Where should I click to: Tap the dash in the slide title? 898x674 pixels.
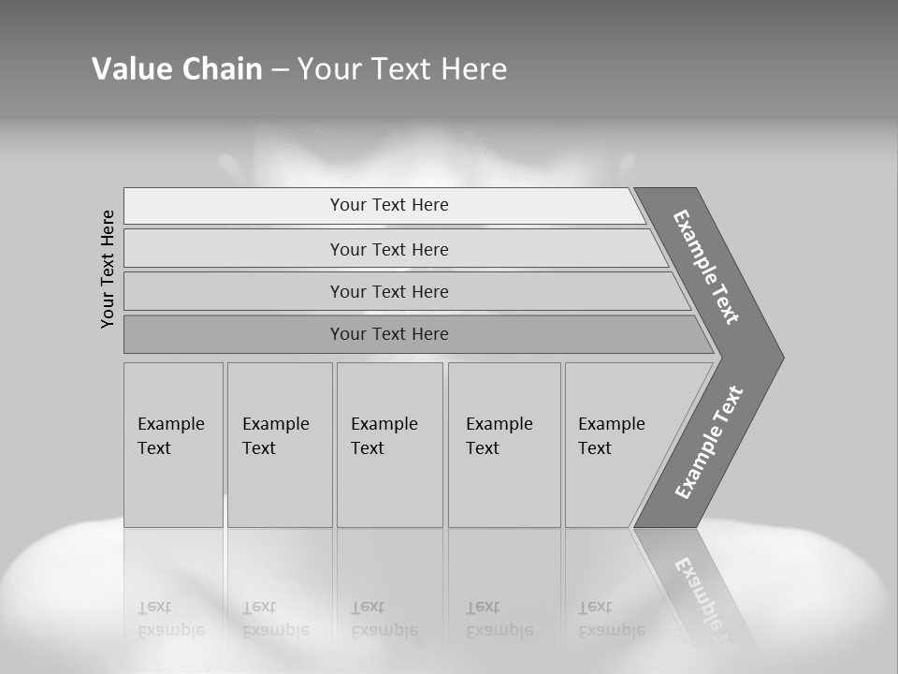(x=280, y=69)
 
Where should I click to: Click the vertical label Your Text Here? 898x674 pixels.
(x=108, y=269)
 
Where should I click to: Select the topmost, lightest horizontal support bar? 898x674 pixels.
(x=384, y=206)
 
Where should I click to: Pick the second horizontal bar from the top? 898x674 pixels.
(x=389, y=249)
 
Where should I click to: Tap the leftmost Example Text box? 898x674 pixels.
(x=173, y=444)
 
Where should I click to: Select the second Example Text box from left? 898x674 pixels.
(x=279, y=444)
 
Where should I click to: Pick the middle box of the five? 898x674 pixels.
(x=389, y=444)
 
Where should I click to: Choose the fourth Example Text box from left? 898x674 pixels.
(x=503, y=444)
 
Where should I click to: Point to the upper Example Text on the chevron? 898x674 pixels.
(x=706, y=267)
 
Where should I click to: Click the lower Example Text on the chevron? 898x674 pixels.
(x=708, y=442)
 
